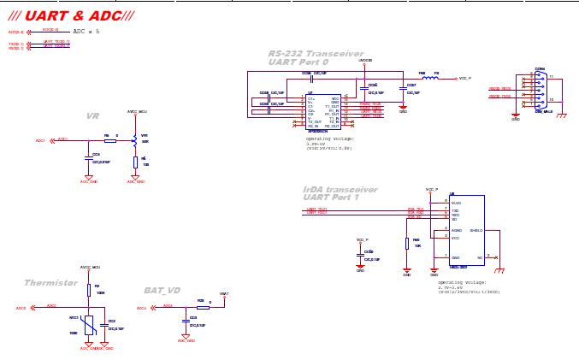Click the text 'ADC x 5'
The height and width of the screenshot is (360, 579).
pyautogui.click(x=86, y=31)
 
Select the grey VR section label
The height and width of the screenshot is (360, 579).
pyautogui.click(x=92, y=116)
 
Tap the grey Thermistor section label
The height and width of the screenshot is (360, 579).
pyautogui.click(x=50, y=282)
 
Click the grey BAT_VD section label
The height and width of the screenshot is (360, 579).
pyautogui.click(x=162, y=290)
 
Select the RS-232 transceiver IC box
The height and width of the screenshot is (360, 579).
pyautogui.click(x=323, y=111)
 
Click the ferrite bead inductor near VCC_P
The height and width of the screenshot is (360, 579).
pyautogui.click(x=431, y=78)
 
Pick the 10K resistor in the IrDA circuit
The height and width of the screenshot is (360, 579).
pyautogui.click(x=407, y=243)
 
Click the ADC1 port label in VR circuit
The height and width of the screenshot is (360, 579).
pyautogui.click(x=40, y=140)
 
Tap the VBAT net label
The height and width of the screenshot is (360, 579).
pyautogui.click(x=224, y=294)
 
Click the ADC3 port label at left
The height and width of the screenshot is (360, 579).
pyautogui.click(x=21, y=308)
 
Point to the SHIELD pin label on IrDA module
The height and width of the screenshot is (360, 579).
pyautogui.click(x=476, y=230)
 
